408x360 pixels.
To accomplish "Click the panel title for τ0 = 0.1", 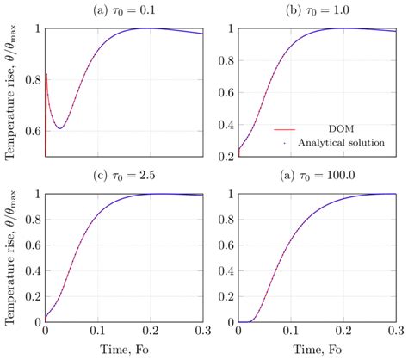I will pos(124,10).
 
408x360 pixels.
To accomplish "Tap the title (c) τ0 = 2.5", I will pos(124,176).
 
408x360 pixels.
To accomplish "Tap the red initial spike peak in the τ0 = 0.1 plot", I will pos(46,75).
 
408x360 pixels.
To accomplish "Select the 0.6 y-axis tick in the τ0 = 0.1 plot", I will pos(33,132).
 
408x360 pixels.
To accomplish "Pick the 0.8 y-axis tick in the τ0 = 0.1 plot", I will pos(33,80).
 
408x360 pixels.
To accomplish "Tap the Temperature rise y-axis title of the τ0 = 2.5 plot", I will pos(10,257).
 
